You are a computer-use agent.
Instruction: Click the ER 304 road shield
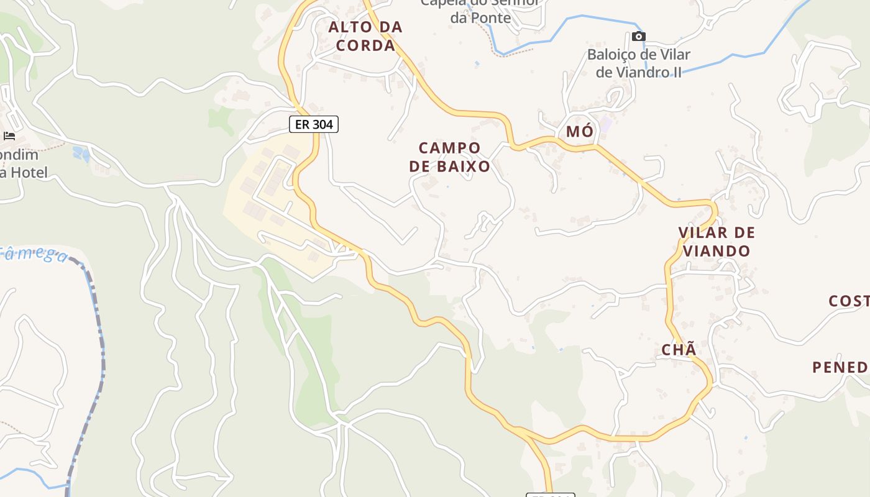tap(314, 124)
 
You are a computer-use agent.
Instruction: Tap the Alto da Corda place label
tap(365, 36)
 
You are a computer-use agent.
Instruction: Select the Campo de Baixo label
tap(450, 157)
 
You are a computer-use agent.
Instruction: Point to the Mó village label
tap(579, 132)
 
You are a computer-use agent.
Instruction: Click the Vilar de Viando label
tap(716, 242)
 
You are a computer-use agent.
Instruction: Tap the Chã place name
tap(679, 350)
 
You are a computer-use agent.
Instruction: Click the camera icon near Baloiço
tap(639, 37)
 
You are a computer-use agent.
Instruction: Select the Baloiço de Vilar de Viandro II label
tap(639, 63)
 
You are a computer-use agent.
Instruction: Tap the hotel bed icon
tap(9, 135)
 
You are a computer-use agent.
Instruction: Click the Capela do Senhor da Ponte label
tap(480, 10)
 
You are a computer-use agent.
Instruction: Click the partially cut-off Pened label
tap(840, 367)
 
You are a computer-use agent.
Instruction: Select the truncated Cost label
tap(849, 301)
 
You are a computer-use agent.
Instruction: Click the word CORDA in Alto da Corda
tap(365, 45)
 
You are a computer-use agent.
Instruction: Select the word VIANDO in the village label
tap(716, 251)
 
